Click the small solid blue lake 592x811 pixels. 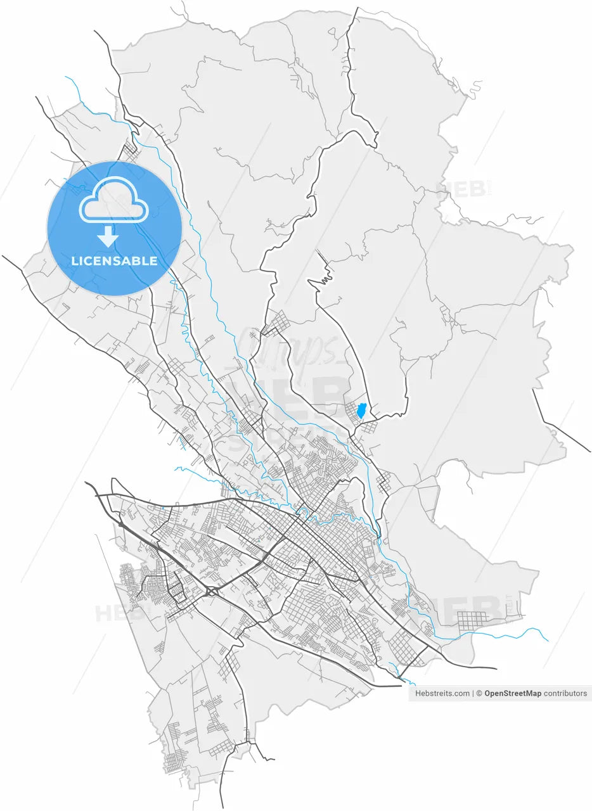click(x=361, y=411)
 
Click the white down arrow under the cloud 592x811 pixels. click(x=108, y=238)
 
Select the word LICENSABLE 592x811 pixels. click(x=114, y=261)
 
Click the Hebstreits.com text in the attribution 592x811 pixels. click(x=442, y=694)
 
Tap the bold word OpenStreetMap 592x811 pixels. click(x=513, y=694)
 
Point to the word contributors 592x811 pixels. click(x=565, y=694)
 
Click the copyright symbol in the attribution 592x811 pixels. click(x=480, y=694)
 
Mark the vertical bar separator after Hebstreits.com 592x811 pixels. click(x=473, y=694)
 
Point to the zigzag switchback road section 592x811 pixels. click(x=325, y=278)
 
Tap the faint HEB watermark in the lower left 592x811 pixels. click(x=114, y=613)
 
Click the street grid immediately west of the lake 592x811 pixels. click(x=350, y=412)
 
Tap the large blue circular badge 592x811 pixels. click(x=115, y=228)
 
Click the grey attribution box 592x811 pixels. click(x=500, y=694)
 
